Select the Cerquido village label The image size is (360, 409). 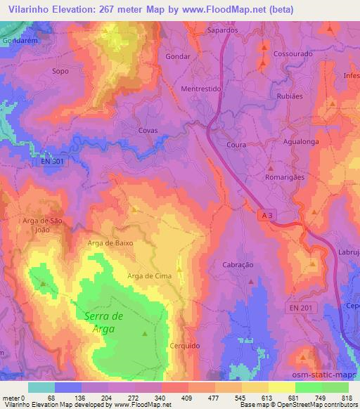186,346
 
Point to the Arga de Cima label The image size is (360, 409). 150,276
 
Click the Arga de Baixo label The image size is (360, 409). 110,242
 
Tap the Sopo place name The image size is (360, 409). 60,72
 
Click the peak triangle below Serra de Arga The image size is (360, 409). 145,334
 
